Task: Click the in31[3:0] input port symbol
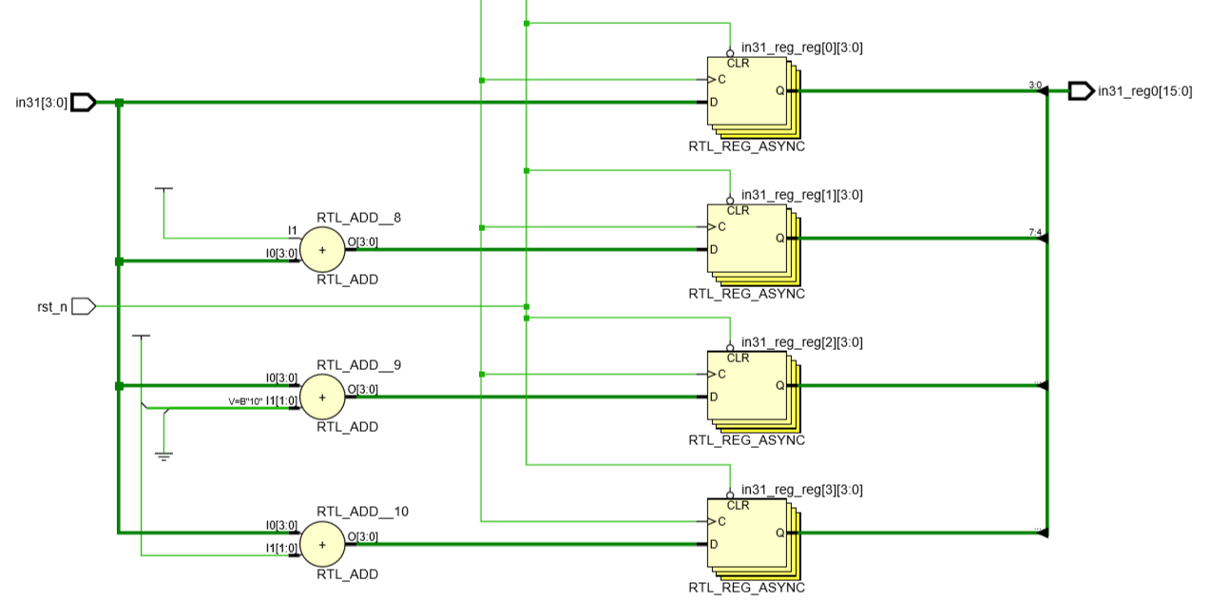(84, 102)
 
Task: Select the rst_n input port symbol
(84, 306)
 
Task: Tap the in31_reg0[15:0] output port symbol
(1081, 91)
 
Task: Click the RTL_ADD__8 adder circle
(322, 250)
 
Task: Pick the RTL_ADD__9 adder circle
(322, 398)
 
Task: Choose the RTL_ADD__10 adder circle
(322, 545)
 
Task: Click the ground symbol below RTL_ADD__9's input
(163, 456)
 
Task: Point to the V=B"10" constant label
(245, 401)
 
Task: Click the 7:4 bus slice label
(1035, 232)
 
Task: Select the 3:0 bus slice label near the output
(1035, 85)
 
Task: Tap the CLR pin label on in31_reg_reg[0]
(738, 64)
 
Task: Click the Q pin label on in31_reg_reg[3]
(779, 534)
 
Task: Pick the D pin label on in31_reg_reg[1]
(714, 250)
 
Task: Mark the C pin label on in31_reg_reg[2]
(721, 375)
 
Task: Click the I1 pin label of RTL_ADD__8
(293, 230)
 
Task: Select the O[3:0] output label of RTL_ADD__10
(362, 536)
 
